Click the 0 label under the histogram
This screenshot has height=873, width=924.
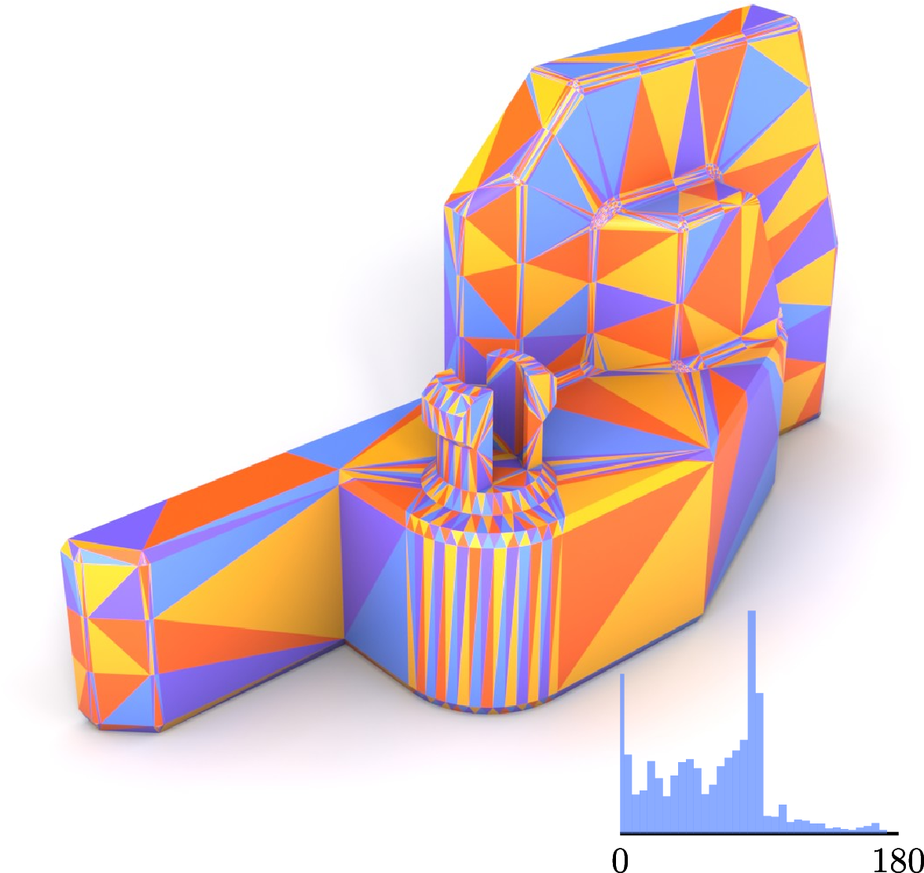click(x=620, y=861)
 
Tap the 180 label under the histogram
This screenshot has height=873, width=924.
click(x=897, y=861)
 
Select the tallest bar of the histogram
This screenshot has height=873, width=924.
click(x=751, y=721)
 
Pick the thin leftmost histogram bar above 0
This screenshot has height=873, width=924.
click(x=622, y=753)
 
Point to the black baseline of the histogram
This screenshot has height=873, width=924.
click(x=759, y=834)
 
